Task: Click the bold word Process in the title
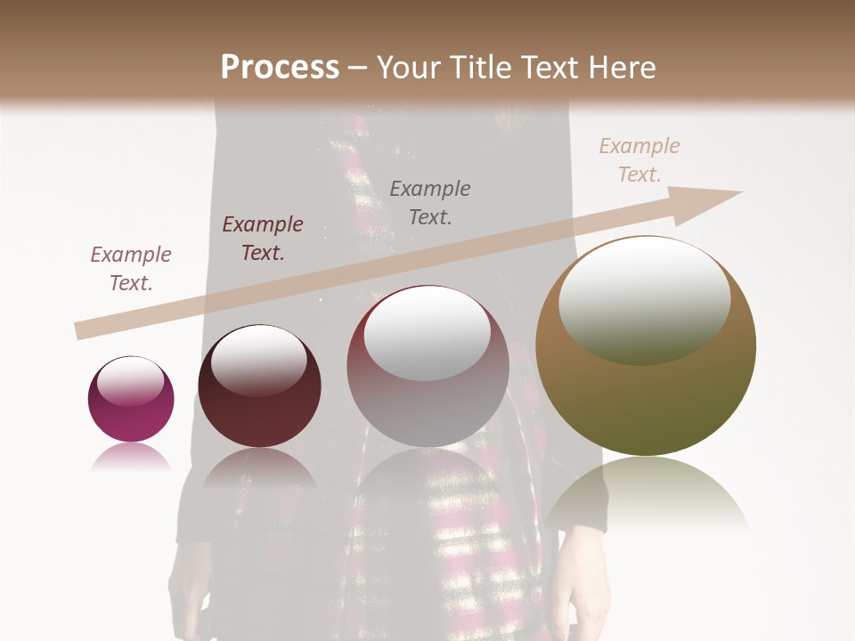click(x=280, y=67)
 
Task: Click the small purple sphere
click(x=131, y=410)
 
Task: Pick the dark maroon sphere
click(x=259, y=418)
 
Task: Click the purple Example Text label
click(x=131, y=269)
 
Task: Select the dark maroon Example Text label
click(x=263, y=239)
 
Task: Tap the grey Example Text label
click(x=430, y=202)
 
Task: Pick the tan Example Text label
click(x=639, y=160)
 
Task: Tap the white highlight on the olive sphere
click(x=645, y=301)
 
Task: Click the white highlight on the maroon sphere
click(x=258, y=361)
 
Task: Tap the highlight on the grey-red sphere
click(x=427, y=334)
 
